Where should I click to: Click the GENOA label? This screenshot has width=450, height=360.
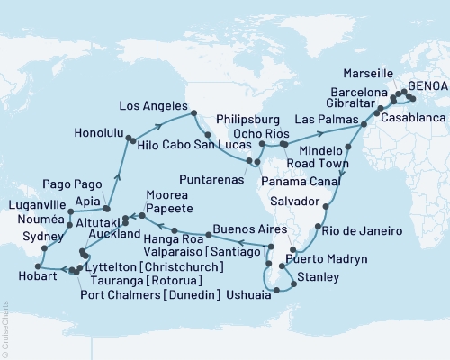pyautogui.click(x=425, y=87)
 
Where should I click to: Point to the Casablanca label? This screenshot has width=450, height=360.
pyautogui.click(x=413, y=118)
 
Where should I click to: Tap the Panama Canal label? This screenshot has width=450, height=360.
pyautogui.click(x=317, y=180)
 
